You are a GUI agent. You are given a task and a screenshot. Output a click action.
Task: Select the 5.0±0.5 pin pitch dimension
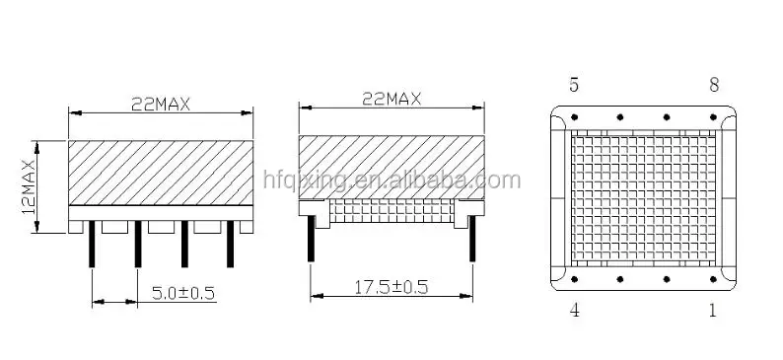pyautogui.click(x=183, y=292)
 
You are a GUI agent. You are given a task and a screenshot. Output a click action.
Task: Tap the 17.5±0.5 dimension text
pyautogui.click(x=391, y=287)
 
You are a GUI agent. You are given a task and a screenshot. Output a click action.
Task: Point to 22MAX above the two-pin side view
pyautogui.click(x=391, y=98)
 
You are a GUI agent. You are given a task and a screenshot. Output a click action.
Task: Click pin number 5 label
pyautogui.click(x=575, y=84)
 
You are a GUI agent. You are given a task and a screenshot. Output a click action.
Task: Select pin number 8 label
pyautogui.click(x=713, y=84)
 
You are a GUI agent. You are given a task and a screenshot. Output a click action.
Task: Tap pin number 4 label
pyautogui.click(x=575, y=311)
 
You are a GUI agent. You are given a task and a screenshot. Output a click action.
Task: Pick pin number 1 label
pyautogui.click(x=713, y=311)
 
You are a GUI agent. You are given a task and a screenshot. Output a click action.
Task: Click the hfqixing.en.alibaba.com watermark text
pyautogui.click(x=391, y=180)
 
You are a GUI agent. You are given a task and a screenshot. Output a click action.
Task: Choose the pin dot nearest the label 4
pyautogui.click(x=575, y=279)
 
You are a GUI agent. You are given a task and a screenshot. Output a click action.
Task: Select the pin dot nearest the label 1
pyautogui.click(x=712, y=279)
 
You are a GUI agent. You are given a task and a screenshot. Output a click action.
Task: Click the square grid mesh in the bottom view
pyautogui.click(x=643, y=197)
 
